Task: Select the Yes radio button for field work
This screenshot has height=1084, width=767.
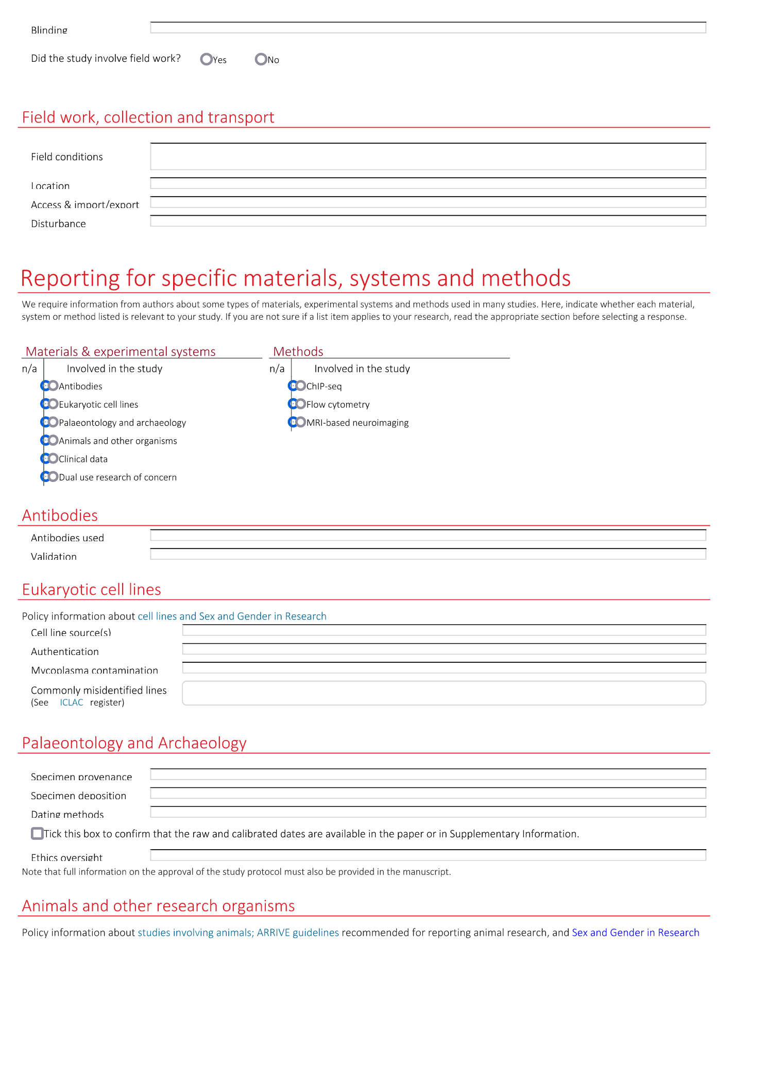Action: pos(207,59)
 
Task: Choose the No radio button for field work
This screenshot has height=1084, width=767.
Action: pos(261,59)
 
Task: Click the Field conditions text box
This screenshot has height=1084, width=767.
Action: pos(428,157)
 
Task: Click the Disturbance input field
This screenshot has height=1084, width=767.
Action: pos(428,221)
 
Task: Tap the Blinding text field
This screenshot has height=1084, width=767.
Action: pos(428,28)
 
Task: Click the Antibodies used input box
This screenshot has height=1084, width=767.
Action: pos(428,536)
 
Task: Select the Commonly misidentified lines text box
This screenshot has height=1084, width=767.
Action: pos(444,693)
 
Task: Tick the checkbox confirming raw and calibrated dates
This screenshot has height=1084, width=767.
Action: pos(37,833)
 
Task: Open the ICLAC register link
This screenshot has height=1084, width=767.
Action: pos(71,702)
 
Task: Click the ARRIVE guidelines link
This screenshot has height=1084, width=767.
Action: pos(298,933)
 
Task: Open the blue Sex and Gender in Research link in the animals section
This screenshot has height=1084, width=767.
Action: pos(635,933)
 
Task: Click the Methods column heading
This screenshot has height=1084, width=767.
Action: pos(298,352)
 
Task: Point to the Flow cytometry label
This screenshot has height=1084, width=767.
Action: pos(338,405)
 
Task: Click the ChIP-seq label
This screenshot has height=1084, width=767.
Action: pos(324,386)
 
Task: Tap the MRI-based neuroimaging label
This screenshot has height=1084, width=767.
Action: pos(357,423)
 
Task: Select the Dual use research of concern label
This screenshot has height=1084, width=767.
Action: pos(117,477)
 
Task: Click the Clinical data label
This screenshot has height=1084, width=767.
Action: pos(83,459)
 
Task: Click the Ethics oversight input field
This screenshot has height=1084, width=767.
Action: pos(428,855)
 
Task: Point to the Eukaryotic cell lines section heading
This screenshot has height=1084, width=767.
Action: pos(92,590)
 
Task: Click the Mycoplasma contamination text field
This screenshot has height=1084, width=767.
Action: pos(444,668)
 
